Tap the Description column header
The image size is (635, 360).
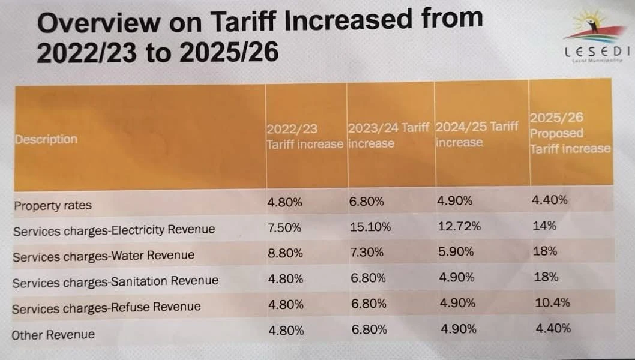point(46,139)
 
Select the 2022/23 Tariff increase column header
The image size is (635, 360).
point(305,137)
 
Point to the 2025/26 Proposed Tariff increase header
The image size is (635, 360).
point(570,133)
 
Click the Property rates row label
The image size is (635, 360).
point(53,205)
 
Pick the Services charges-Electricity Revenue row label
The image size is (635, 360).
point(113,230)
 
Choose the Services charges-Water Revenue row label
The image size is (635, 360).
point(103,256)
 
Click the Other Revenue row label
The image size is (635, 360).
point(54,334)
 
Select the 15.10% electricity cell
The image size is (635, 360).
point(370,227)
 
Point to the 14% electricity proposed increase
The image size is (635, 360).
point(544,226)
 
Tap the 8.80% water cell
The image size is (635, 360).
point(285,253)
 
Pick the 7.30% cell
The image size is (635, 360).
point(366,253)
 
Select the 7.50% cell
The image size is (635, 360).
point(285,227)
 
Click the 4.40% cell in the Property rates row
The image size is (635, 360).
point(549,200)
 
